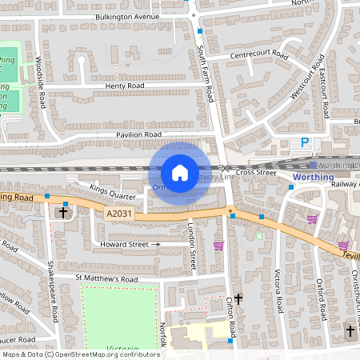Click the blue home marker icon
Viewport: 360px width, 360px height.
180,173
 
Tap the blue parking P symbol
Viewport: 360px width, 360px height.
304,142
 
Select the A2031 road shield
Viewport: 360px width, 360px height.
118,214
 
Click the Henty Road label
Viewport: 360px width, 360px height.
124,86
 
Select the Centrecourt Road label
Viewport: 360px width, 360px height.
258,55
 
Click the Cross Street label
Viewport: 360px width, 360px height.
255,172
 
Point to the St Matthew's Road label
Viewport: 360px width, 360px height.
107,278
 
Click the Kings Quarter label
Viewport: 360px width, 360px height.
113,191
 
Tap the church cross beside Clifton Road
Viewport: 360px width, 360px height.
238,298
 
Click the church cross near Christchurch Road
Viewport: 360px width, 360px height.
350,330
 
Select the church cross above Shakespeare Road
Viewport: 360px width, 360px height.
63,212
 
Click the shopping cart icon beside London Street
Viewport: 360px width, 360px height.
218,246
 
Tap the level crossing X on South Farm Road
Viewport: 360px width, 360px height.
225,167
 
